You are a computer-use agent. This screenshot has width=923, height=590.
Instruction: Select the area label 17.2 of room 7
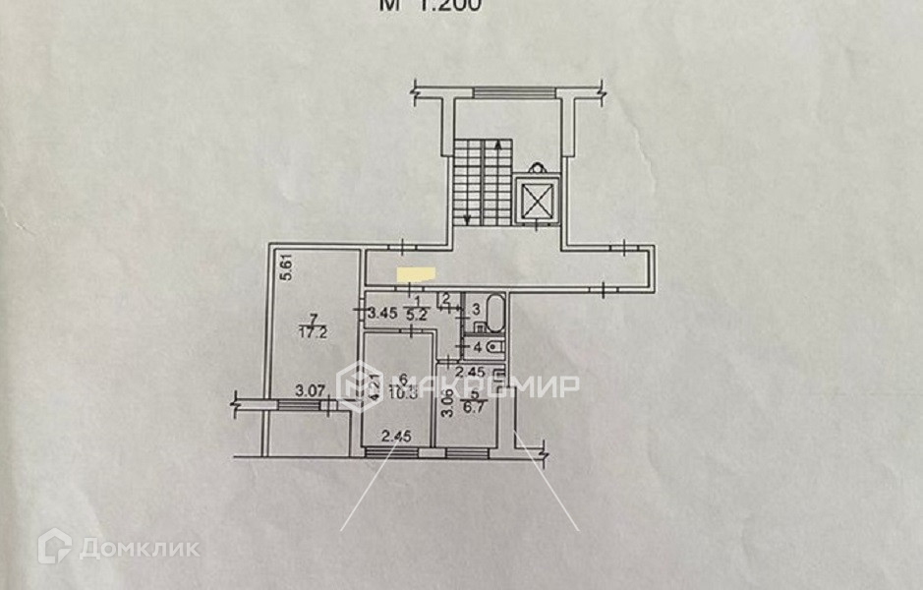point(313,332)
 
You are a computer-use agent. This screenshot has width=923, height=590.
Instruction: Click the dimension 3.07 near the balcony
point(312,390)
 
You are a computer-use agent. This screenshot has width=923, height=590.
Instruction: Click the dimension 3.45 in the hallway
point(381,315)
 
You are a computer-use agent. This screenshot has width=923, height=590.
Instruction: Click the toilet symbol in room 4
point(495,346)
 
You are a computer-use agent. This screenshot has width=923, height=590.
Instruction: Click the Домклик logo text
point(138,548)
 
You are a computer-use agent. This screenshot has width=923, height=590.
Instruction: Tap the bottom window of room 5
point(468,452)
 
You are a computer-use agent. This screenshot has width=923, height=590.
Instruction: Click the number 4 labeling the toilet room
point(477,346)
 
